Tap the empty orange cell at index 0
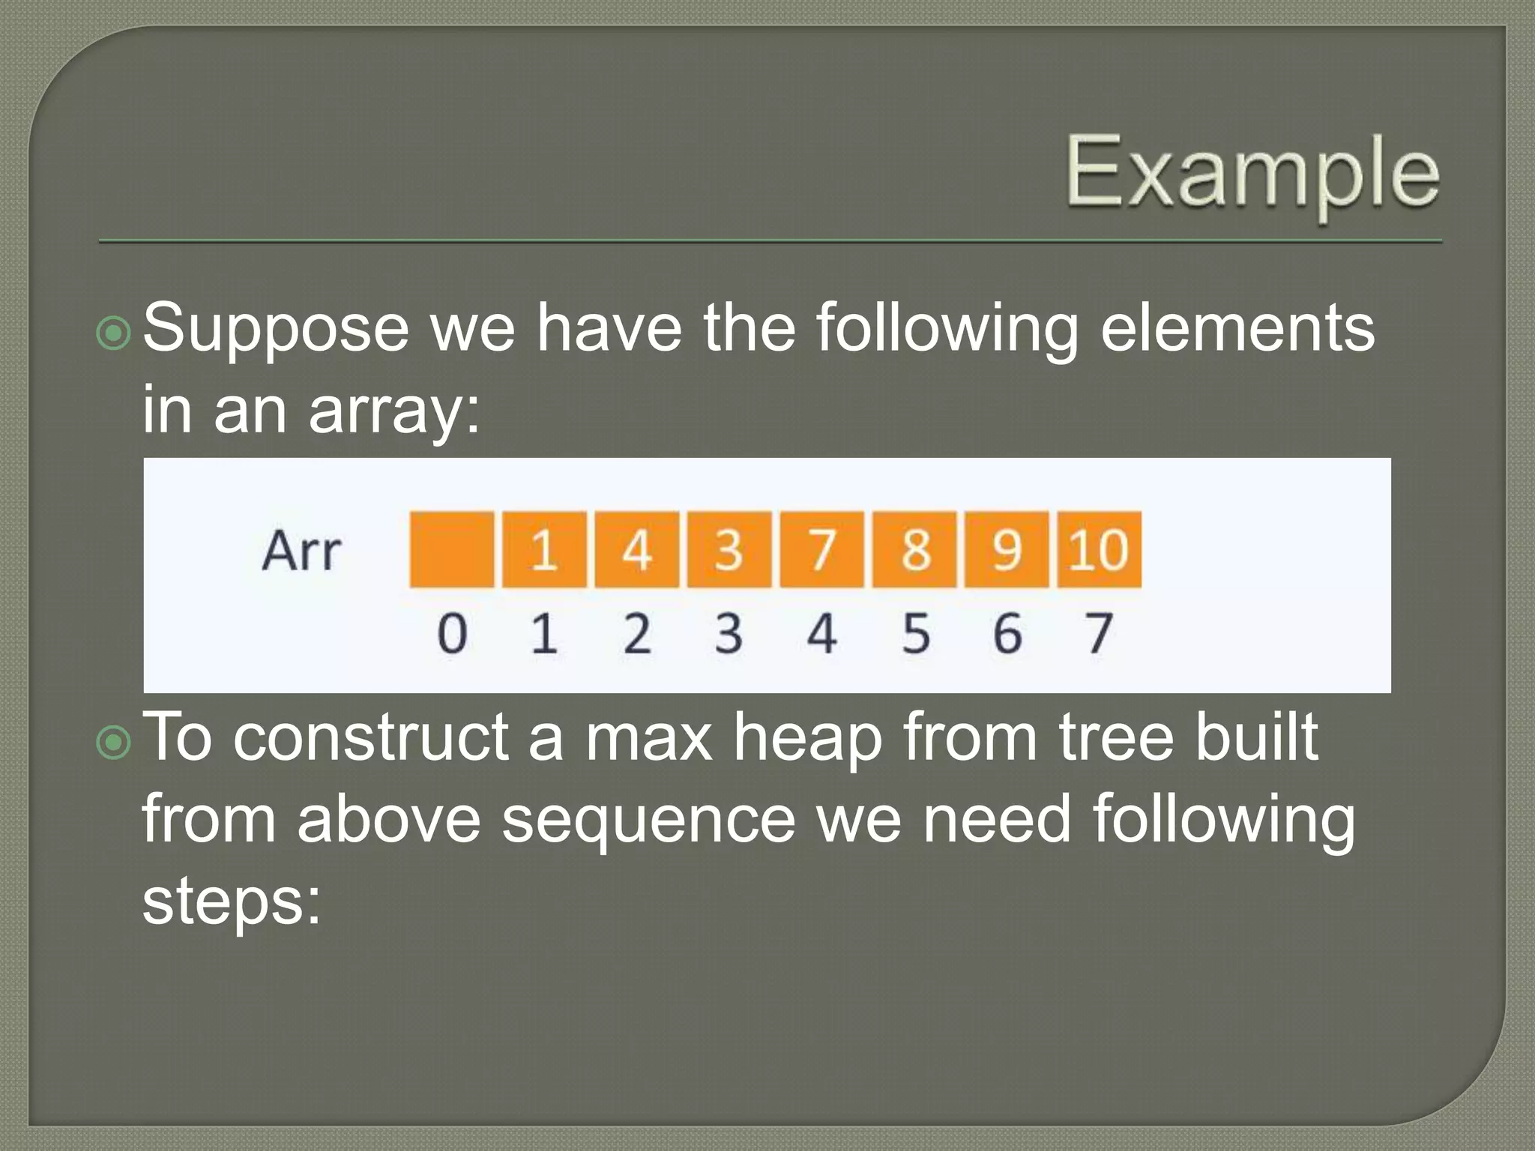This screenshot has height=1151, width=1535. pyautogui.click(x=452, y=549)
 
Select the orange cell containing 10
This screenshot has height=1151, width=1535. pyautogui.click(x=1099, y=549)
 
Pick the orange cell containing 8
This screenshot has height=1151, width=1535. pyautogui.click(x=914, y=549)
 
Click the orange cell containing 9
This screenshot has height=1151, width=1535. pyautogui.click(x=1007, y=549)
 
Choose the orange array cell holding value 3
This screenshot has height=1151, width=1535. pyautogui.click(x=729, y=549)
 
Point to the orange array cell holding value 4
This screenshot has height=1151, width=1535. pyautogui.click(x=636, y=549)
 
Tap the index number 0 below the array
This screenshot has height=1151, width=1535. pyautogui.click(x=452, y=633)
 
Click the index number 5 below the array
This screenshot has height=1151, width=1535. pyautogui.click(x=915, y=633)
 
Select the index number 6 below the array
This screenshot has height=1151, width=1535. pyautogui.click(x=1007, y=633)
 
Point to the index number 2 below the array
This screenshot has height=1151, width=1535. pyautogui.click(x=637, y=633)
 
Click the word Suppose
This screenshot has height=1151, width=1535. pyautogui.click(x=275, y=330)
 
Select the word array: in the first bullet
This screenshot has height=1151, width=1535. pyautogui.click(x=394, y=412)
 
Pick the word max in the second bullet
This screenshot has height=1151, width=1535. pyautogui.click(x=648, y=738)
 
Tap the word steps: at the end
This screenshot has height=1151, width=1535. pyautogui.click(x=232, y=903)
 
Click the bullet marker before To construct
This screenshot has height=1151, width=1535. pyautogui.click(x=115, y=743)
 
